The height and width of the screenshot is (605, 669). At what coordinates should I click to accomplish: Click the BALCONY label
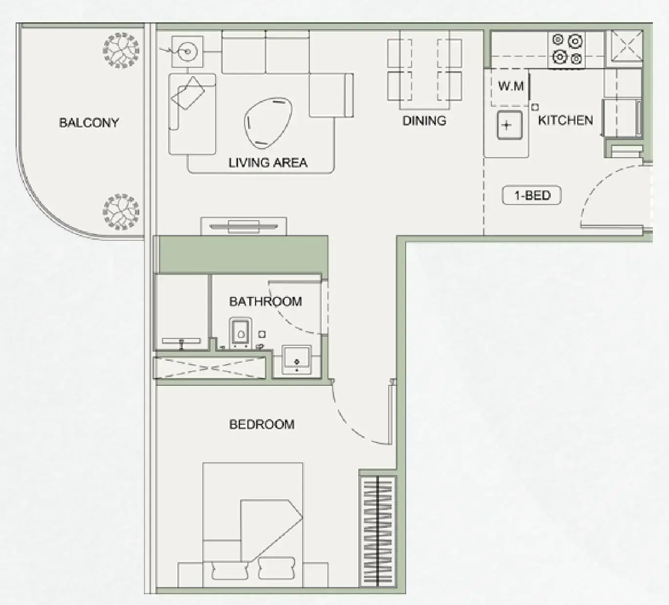coord(89,123)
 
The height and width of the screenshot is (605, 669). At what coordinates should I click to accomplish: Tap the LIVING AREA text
coord(268,163)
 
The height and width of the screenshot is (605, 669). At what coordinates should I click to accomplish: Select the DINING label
coord(424,121)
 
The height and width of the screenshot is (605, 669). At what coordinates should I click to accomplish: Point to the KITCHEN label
coord(565,120)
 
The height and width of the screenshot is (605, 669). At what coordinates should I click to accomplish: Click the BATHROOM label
coord(265,302)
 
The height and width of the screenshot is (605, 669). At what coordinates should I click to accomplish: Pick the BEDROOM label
coord(262,425)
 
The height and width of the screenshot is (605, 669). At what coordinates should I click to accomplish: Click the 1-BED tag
coord(532,195)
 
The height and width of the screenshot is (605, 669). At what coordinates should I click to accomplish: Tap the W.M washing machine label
coord(511,86)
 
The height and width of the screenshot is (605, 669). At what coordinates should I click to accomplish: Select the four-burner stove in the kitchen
coord(566,50)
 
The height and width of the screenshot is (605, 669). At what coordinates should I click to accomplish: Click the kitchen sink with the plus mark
coord(509,125)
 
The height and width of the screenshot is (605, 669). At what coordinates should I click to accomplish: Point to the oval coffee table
coord(268,123)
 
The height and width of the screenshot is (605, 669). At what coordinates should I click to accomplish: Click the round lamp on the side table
coord(187,51)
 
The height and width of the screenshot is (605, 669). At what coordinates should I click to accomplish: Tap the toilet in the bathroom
coord(240,333)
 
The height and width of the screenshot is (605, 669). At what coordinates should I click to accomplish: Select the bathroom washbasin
coord(297,360)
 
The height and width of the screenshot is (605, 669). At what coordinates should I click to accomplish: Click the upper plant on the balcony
coord(121,51)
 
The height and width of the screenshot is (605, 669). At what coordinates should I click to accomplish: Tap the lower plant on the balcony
coord(121,212)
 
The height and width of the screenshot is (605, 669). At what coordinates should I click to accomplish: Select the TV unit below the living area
coord(243,227)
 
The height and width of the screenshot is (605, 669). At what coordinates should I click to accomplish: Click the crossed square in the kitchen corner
coord(627,46)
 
